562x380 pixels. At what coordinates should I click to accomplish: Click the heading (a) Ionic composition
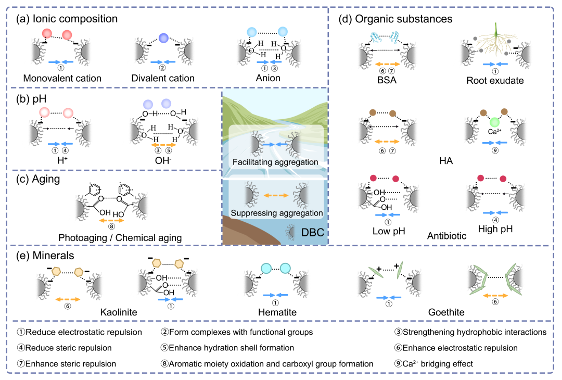click(x=67, y=19)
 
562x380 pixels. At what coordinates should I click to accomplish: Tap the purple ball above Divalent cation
click(x=163, y=38)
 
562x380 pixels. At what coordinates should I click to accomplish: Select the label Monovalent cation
click(x=62, y=78)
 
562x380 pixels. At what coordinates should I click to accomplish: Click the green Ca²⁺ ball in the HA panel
click(x=495, y=122)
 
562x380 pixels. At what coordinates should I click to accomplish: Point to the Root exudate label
click(x=495, y=80)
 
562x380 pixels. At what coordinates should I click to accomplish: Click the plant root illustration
click(x=496, y=40)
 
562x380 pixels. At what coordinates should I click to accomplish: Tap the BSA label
click(x=387, y=80)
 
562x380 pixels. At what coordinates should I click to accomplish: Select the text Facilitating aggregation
click(x=275, y=162)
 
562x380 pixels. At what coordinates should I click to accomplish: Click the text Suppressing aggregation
click(x=277, y=213)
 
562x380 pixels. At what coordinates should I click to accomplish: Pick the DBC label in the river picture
click(x=313, y=233)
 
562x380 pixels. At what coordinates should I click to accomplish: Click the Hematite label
click(x=277, y=312)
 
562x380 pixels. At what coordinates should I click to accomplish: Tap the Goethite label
click(x=446, y=312)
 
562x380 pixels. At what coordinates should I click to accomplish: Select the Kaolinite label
click(x=119, y=312)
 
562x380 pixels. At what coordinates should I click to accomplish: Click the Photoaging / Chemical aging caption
click(x=120, y=238)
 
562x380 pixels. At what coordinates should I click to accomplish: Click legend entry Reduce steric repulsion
click(x=64, y=348)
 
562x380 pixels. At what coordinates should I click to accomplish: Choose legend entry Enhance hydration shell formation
click(x=227, y=348)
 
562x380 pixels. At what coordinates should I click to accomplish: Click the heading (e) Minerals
click(x=45, y=256)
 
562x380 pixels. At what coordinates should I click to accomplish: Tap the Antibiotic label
click(x=446, y=236)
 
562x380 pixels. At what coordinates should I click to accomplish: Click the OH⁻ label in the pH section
click(x=163, y=160)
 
